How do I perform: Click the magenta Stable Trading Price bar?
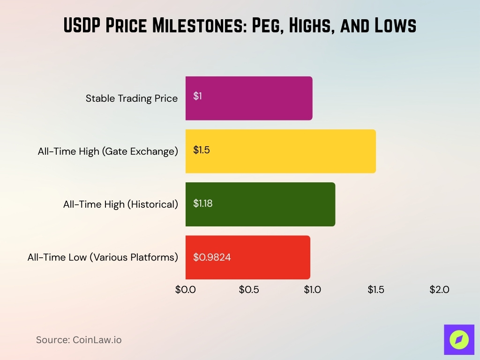pos(249,98)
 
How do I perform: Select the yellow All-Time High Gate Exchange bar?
pos(280,151)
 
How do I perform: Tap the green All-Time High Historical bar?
pos(260,204)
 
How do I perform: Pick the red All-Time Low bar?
pos(247,257)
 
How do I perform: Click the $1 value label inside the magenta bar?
pos(197,96)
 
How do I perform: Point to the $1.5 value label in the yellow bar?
pos(202,150)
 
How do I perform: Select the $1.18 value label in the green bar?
pos(203,203)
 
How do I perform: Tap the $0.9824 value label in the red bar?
pos(212,257)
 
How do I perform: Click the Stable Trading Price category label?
pos(132,98)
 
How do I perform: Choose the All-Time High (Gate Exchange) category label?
pos(108,151)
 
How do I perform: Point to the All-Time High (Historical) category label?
pos(120,204)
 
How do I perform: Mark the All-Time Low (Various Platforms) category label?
pos(103,257)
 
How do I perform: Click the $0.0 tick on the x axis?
pos(186,290)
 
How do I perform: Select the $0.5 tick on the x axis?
pos(249,290)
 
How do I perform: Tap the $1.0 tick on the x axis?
pos(312,290)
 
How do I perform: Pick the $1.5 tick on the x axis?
pos(376,290)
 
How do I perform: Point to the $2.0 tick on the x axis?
pos(439,290)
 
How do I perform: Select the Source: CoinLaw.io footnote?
pos(79,340)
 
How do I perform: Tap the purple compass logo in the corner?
pos(459,339)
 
